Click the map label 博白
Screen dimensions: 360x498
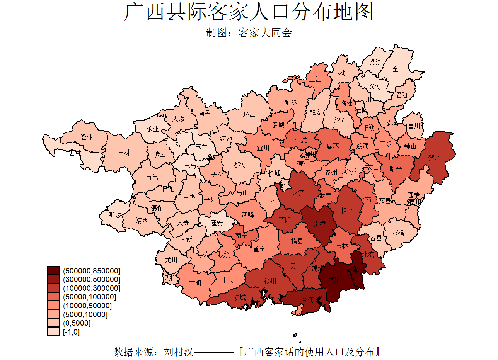tap(336, 279)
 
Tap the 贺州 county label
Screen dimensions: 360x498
tap(434, 158)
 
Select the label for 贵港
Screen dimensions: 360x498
tap(319, 223)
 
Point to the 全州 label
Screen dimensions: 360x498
tap(398, 70)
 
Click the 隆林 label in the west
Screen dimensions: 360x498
tap(86, 137)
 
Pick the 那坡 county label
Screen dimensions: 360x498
tap(115, 215)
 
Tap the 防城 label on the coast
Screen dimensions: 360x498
tap(239, 297)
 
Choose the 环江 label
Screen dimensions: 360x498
tap(249, 114)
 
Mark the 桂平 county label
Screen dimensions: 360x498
tap(347, 211)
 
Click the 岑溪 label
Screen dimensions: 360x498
tap(399, 233)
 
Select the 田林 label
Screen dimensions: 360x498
tap(124, 153)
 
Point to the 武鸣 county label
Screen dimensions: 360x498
tap(247, 215)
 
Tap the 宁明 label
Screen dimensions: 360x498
tap(195, 283)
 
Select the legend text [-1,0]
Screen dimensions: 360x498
tap(71, 332)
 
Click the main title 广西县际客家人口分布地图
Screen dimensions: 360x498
tap(249, 12)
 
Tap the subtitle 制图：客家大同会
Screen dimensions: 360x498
tap(249, 33)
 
